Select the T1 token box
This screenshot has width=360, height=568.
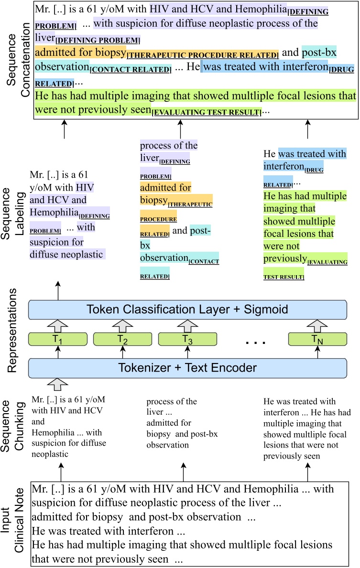58,339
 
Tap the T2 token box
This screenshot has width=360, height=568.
123,339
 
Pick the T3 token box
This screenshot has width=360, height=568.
187,339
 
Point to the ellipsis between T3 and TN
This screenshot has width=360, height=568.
252,340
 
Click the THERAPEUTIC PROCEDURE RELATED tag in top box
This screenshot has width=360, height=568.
203,55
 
